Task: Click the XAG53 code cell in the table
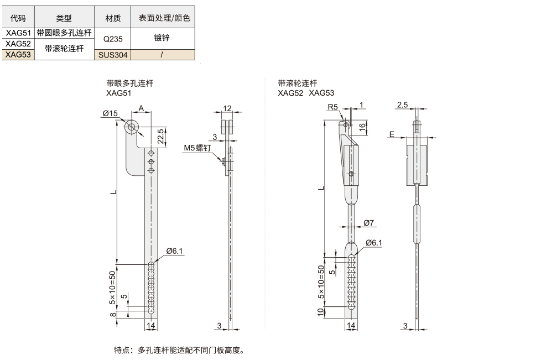point(18,54)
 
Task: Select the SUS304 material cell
point(113,54)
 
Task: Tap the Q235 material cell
point(113,38)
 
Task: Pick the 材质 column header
point(113,18)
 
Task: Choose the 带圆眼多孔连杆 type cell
point(64,33)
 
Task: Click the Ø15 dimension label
point(110,113)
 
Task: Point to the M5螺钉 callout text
point(197,148)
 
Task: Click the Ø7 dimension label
point(369,223)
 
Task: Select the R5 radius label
point(332,106)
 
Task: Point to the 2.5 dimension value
point(402,105)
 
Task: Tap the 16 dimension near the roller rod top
point(363,127)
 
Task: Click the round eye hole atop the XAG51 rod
point(131,128)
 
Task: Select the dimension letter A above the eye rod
point(141,108)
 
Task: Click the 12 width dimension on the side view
point(227,108)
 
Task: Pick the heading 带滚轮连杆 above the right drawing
point(298,83)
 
